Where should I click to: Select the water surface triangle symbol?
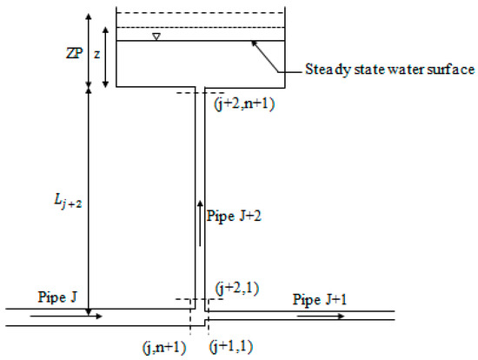[156, 37]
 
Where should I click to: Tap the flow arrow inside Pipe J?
[65, 317]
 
